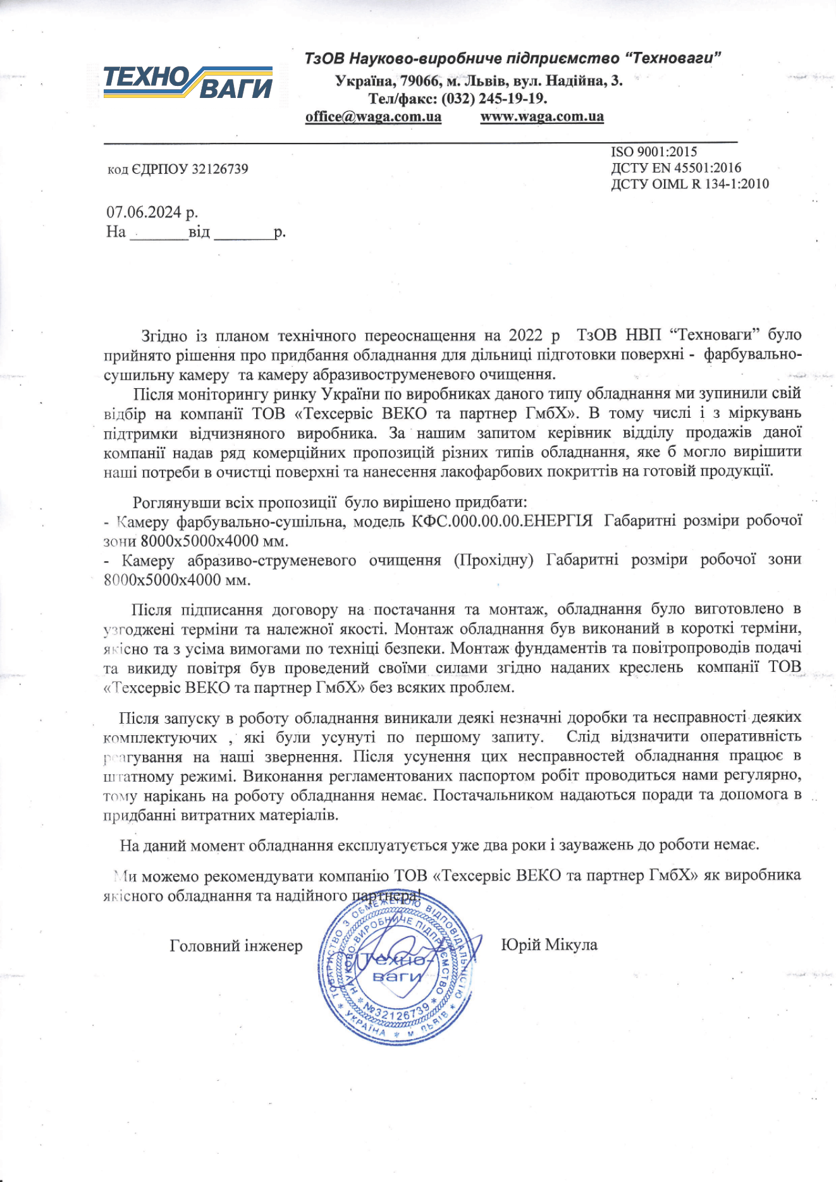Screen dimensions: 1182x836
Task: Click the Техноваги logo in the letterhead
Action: [x=188, y=82]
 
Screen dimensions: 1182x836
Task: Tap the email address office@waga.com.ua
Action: [x=373, y=117]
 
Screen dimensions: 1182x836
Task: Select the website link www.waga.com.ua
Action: [x=542, y=117]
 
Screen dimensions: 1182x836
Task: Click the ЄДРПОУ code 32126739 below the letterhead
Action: [x=219, y=169]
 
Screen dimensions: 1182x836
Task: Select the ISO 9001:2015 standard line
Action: [x=654, y=152]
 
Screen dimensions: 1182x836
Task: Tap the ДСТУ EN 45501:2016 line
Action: [x=676, y=168]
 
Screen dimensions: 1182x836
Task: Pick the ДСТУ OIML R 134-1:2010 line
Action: [x=690, y=185]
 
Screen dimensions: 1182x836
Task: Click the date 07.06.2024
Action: [x=144, y=212]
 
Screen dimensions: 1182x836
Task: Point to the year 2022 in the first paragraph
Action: [x=526, y=335]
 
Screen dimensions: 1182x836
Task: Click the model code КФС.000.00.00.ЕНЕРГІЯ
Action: [x=502, y=521]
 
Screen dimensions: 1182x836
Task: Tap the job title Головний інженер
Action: [x=236, y=946]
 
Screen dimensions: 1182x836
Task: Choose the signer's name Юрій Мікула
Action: [x=549, y=946]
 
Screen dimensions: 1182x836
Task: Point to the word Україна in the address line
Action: [x=363, y=81]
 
